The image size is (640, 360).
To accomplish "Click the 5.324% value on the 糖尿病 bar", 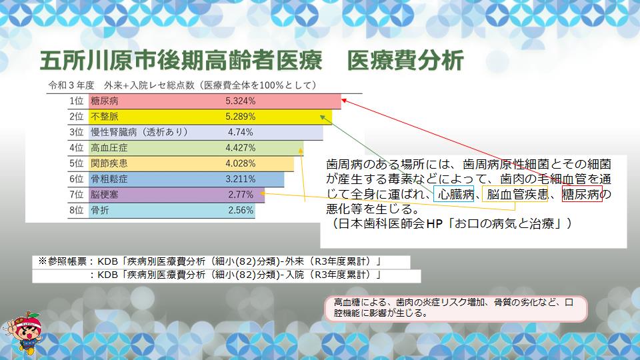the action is tap(241, 101).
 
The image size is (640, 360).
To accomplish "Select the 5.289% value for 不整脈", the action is tap(241, 116).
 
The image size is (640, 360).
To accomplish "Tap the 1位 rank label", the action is tap(76, 101).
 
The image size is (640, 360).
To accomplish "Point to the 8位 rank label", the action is tap(76, 210).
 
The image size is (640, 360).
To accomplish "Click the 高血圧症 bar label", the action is tap(109, 148).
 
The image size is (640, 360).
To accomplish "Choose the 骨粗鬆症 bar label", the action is tap(109, 179).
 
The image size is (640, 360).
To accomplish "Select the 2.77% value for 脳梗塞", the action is tap(241, 194).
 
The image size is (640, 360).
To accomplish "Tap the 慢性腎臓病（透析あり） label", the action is tap(139, 132).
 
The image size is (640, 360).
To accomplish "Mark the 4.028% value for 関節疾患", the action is tap(241, 163).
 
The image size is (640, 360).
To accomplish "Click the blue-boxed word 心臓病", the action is tap(454, 194).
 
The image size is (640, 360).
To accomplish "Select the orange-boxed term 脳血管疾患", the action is tap(515, 194).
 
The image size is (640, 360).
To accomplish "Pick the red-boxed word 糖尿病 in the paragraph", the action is tap(582, 194).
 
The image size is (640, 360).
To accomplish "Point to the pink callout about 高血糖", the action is tap(456, 308).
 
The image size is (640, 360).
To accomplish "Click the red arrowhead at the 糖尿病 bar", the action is tap(344, 100).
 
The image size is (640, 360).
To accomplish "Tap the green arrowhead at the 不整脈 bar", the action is tap(323, 117).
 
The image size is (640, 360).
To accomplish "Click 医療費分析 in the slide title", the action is tap(405, 61).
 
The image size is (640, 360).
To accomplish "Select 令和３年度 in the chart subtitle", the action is tap(71, 85).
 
